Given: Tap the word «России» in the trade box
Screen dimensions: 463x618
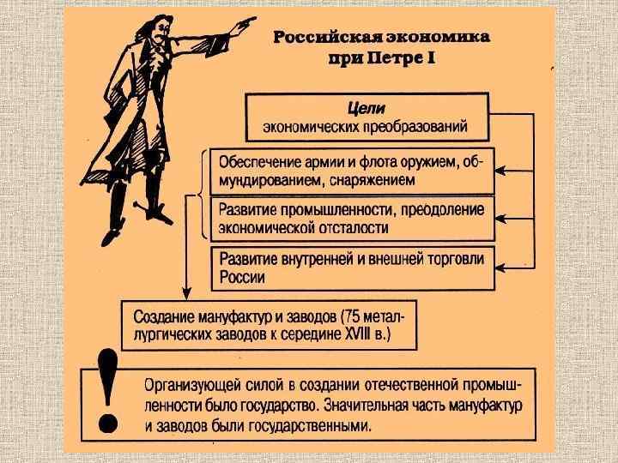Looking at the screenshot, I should click(243, 278).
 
